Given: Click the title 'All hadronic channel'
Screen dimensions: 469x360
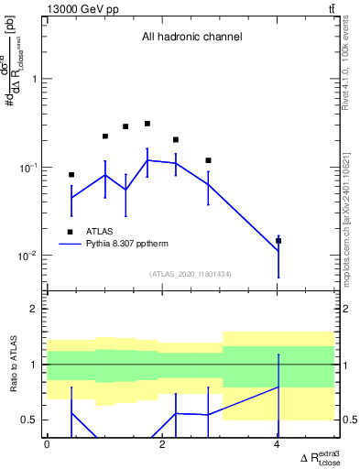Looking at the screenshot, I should (x=191, y=38).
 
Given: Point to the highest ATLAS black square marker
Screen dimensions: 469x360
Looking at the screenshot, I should (x=147, y=124).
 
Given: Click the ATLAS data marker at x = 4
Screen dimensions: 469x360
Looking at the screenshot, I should (x=278, y=241).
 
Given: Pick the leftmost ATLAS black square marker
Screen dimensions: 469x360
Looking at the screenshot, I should (x=71, y=174).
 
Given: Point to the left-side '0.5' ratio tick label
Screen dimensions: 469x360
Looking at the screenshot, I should (x=29, y=420).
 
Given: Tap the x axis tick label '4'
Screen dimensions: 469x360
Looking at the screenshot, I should (x=278, y=444).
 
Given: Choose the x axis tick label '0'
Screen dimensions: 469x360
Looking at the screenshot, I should (x=47, y=444).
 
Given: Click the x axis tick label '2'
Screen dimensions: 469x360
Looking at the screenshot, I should (x=162, y=444).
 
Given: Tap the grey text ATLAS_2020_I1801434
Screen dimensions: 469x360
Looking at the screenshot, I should (x=191, y=274).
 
